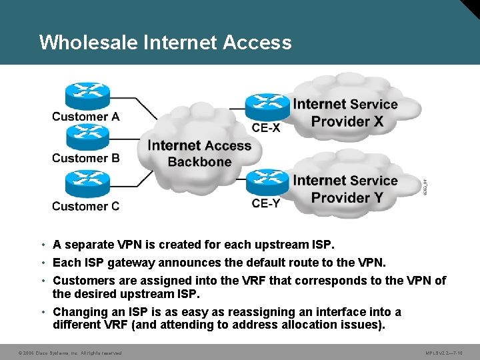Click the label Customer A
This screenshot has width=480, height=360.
coord(86,117)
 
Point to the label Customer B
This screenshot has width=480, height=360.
coord(86,159)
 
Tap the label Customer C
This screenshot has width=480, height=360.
coord(86,206)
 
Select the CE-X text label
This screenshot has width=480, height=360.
coord(266,127)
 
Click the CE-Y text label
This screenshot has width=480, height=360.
coord(266,203)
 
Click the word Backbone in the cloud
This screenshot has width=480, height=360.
coord(200,162)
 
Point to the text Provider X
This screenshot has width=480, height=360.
coord(347,121)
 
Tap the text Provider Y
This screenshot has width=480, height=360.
coord(347,197)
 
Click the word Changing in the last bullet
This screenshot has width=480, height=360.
coord(80,312)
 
